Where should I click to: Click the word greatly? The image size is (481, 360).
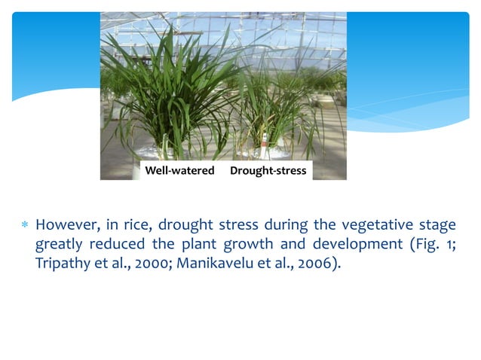click(60, 246)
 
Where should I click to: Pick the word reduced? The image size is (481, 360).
click(117, 246)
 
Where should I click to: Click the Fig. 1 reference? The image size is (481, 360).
click(430, 246)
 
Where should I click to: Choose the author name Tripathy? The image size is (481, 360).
click(63, 266)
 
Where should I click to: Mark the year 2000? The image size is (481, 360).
click(146, 266)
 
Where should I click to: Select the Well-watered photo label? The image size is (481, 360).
click(179, 171)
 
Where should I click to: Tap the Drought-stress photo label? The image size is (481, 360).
click(268, 171)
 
